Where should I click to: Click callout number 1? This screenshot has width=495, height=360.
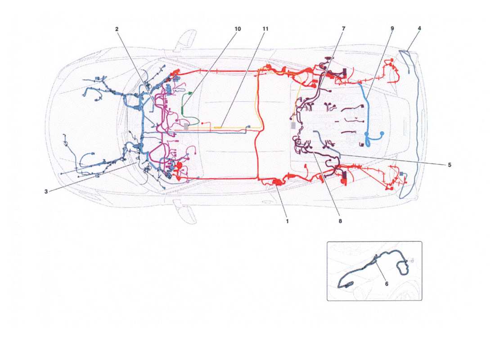[x=287, y=221]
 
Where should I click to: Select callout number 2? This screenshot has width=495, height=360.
[x=117, y=29]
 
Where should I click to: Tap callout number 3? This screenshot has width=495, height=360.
[x=46, y=192]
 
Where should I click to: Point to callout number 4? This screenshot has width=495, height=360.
[x=419, y=28]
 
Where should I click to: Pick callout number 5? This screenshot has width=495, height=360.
[x=449, y=165]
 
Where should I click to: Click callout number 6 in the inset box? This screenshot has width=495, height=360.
[x=386, y=284]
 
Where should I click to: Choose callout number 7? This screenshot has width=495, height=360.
[x=343, y=29]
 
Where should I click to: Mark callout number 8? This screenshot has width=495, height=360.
[x=340, y=221]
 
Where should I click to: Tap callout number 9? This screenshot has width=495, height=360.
[x=392, y=28]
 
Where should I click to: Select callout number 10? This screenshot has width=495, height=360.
[x=238, y=29]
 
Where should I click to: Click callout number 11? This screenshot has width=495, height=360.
[x=265, y=29]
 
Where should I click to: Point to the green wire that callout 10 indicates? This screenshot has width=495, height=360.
[x=184, y=108]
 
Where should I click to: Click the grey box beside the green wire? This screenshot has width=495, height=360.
[x=186, y=127]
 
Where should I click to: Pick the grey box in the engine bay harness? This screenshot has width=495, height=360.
[x=294, y=126]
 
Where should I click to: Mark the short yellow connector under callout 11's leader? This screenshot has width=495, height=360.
[x=218, y=128]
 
